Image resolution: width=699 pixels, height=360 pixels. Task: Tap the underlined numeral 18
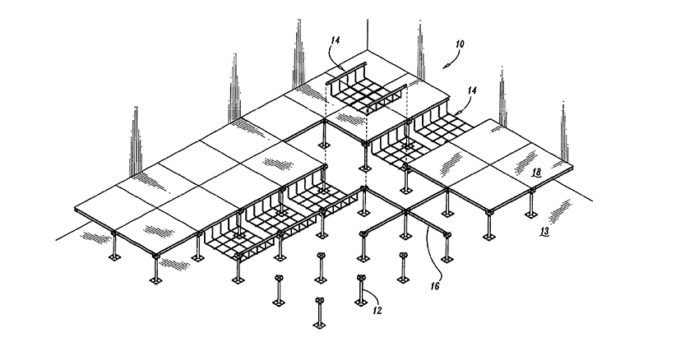(535, 171)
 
